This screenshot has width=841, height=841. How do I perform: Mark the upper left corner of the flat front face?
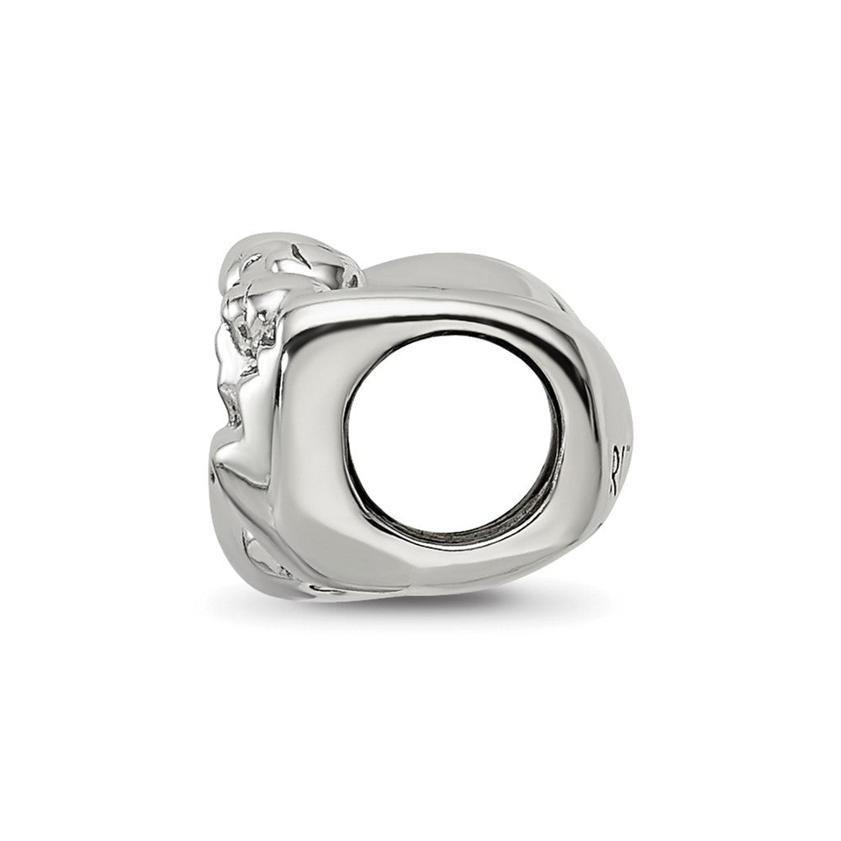click(294, 307)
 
